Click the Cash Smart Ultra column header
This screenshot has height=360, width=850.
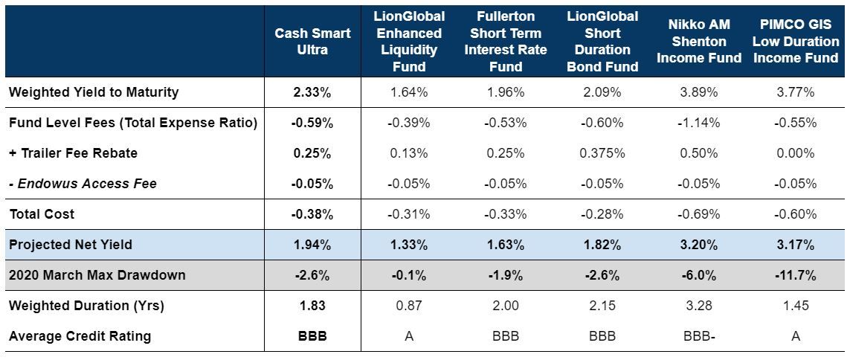(312, 42)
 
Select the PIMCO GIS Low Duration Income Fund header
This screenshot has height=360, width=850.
(796, 42)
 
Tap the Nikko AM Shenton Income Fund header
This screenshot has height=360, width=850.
(699, 42)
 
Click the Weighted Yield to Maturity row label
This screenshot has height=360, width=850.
(94, 92)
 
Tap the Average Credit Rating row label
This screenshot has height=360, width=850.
(80, 336)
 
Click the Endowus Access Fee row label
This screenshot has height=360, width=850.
(83, 184)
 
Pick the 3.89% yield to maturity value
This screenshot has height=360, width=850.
(699, 92)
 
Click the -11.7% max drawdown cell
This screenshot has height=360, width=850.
(796, 275)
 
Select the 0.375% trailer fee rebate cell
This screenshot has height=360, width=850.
(602, 153)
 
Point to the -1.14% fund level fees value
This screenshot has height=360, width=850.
(699, 123)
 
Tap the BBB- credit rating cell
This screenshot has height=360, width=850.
(699, 336)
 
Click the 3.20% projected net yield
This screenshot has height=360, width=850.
(699, 245)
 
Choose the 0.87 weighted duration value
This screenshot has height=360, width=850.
(409, 306)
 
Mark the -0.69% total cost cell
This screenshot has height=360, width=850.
(699, 214)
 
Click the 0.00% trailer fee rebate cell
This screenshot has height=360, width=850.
(796, 153)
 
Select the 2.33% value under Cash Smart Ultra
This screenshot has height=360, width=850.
(312, 92)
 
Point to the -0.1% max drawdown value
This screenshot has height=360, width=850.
(409, 275)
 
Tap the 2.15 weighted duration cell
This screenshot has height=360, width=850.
(602, 306)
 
